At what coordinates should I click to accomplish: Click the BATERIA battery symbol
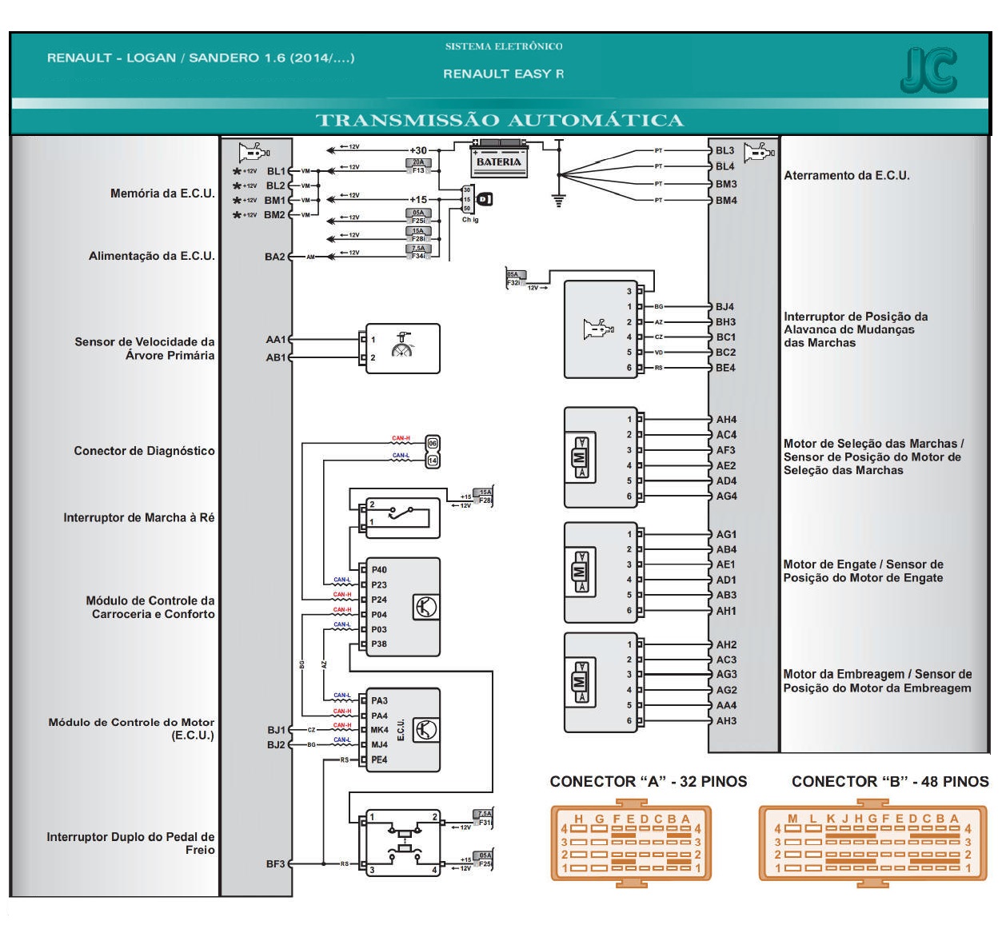(x=499, y=160)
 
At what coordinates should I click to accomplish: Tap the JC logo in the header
(x=928, y=70)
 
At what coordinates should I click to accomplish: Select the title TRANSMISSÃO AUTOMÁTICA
(x=500, y=121)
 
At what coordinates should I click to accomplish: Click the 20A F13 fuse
(x=418, y=166)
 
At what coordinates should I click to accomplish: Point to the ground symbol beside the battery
(x=559, y=199)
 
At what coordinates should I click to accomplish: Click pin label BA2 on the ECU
(x=274, y=257)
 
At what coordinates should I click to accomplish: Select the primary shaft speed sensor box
(x=402, y=349)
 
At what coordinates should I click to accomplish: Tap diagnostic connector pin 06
(x=433, y=443)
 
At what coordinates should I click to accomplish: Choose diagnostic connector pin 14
(x=433, y=461)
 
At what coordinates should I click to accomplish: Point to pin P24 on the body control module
(x=379, y=600)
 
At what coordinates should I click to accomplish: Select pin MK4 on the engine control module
(x=380, y=730)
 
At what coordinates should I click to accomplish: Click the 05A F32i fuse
(x=515, y=278)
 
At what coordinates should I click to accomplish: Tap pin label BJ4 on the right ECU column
(x=725, y=306)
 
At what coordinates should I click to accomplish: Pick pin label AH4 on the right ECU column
(x=726, y=419)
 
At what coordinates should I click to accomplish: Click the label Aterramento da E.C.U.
(x=846, y=176)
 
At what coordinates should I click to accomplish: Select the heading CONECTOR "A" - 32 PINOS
(x=648, y=782)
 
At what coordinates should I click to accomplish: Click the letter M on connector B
(x=792, y=819)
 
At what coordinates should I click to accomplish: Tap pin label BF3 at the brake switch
(x=275, y=863)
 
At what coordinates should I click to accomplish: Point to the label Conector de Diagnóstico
(x=144, y=451)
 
